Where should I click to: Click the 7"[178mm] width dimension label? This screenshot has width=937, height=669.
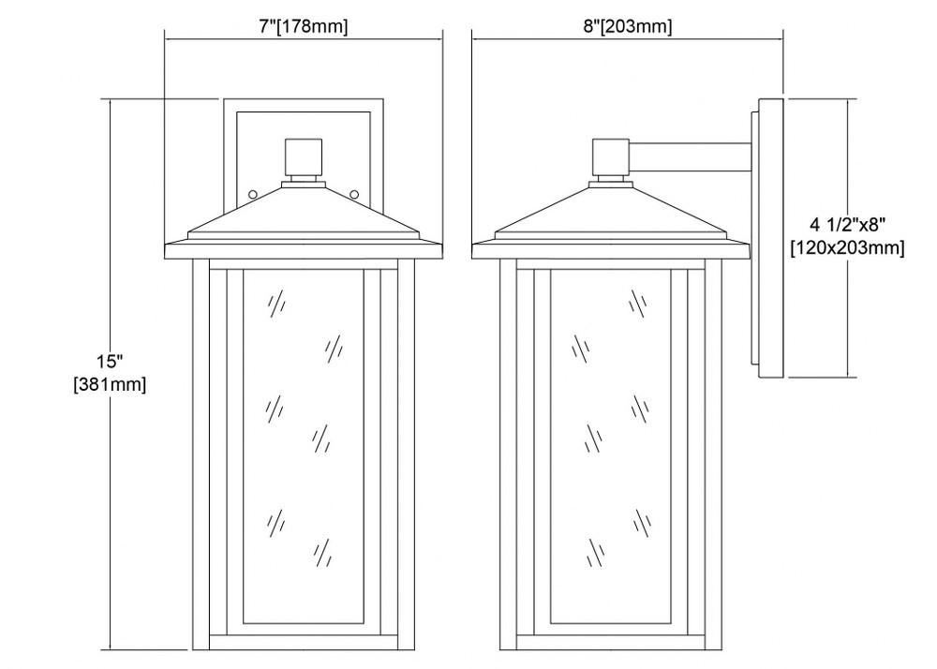(304, 26)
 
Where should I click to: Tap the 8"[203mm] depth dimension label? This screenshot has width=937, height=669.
(628, 26)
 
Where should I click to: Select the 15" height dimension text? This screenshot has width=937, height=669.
(110, 362)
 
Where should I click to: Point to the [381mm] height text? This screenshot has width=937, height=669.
(110, 383)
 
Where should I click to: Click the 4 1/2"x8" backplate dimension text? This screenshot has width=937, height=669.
(847, 225)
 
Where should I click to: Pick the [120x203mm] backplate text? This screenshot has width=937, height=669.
(847, 246)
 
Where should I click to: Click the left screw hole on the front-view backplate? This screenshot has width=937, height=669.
(253, 194)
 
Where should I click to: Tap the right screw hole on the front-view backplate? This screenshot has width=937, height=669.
(354, 194)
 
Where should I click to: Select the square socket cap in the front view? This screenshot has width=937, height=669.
(304, 156)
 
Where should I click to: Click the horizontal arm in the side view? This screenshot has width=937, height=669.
(690, 156)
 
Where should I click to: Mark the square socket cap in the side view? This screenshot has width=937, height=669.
(610, 156)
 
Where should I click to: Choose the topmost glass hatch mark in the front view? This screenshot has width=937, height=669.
(275, 305)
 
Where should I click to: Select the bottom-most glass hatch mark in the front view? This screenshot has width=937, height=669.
(321, 553)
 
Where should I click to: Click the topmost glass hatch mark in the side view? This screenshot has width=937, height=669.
(639, 305)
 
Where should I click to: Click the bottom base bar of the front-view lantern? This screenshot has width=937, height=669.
(304, 643)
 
